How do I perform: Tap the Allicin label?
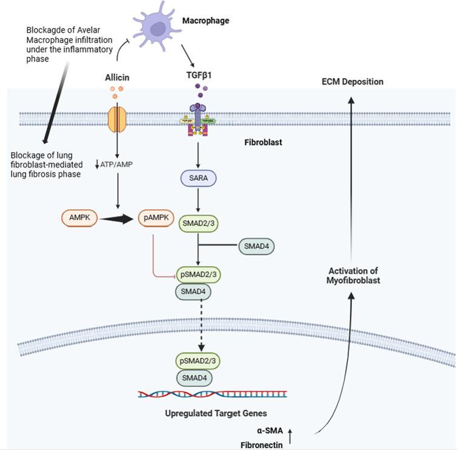(118, 77)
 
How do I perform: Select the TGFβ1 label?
(198, 77)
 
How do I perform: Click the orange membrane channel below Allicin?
(116, 118)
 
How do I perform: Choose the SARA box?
(198, 178)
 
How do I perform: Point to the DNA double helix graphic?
(212, 394)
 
